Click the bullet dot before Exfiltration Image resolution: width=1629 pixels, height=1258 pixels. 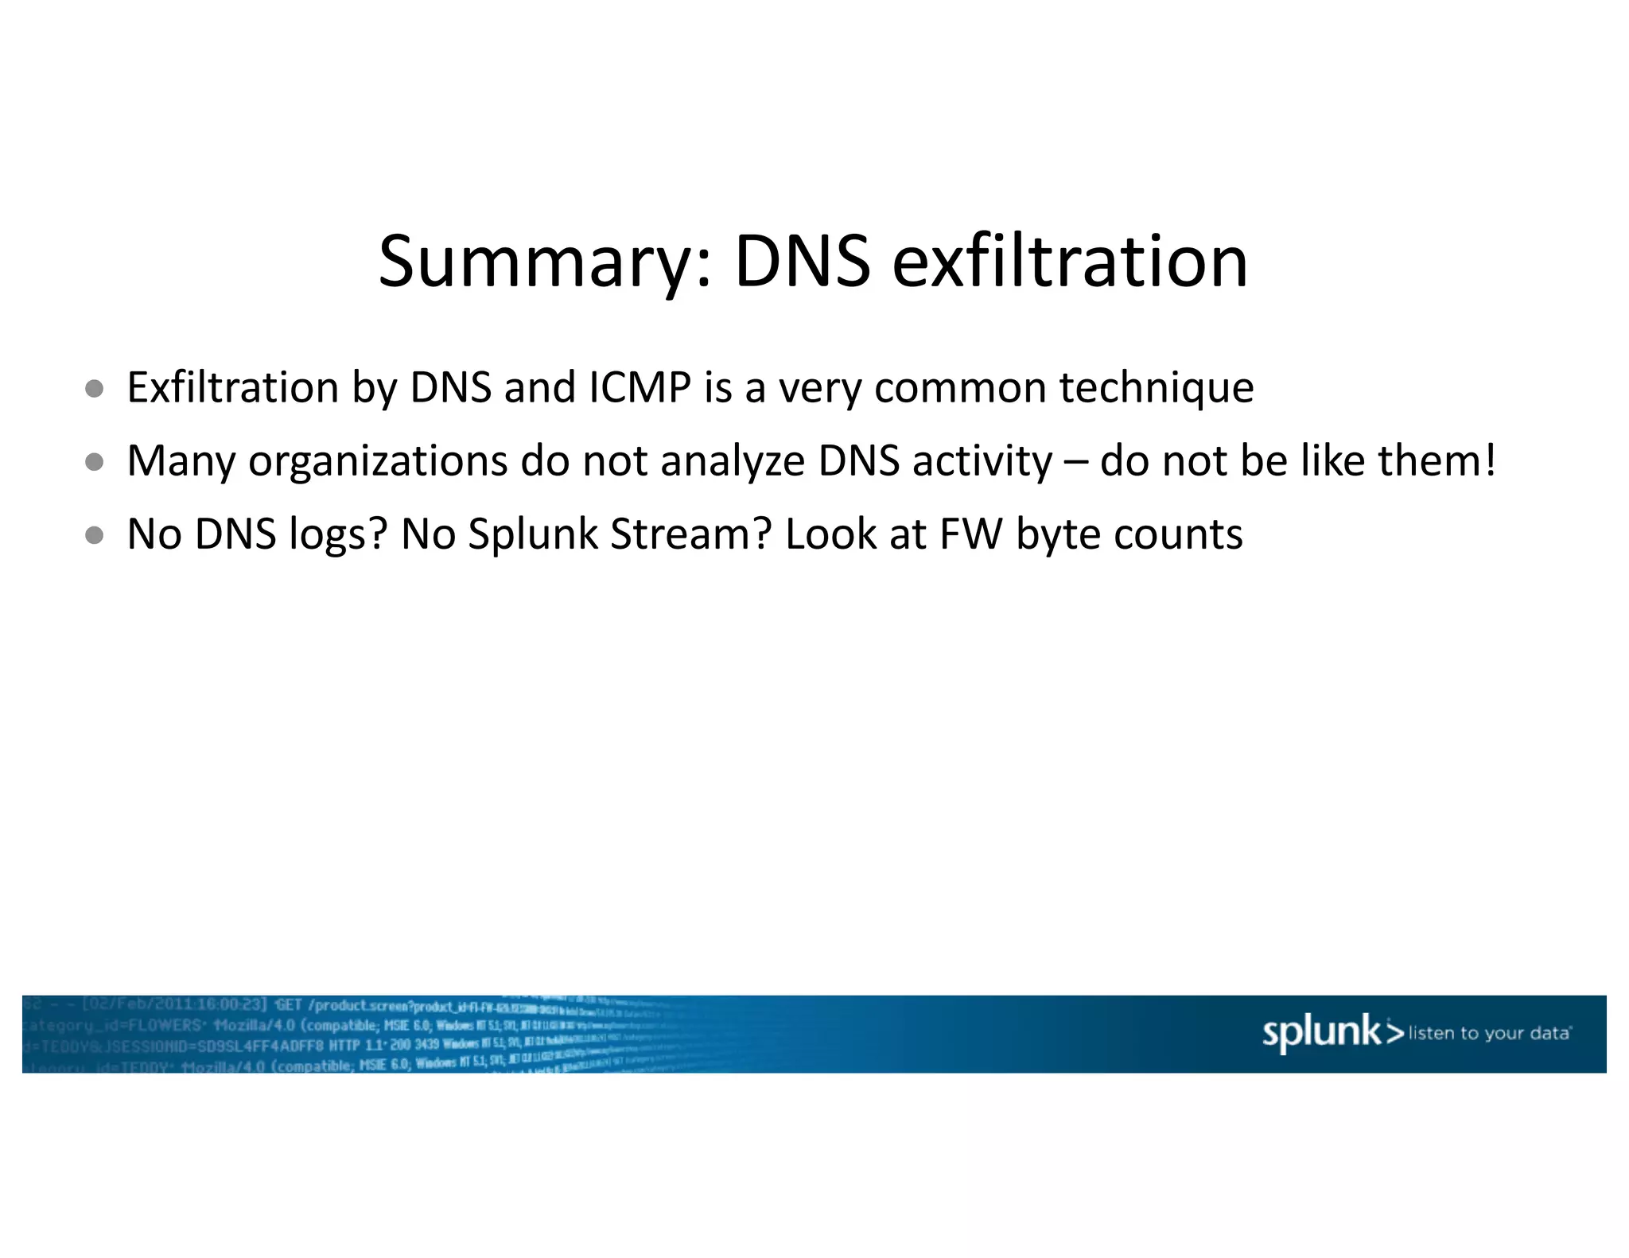95,388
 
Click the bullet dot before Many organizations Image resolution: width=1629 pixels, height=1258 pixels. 95,461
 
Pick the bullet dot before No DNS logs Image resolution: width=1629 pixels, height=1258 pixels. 95,534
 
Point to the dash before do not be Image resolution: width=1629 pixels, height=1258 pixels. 1075,463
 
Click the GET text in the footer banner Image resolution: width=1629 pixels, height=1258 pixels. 288,1005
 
